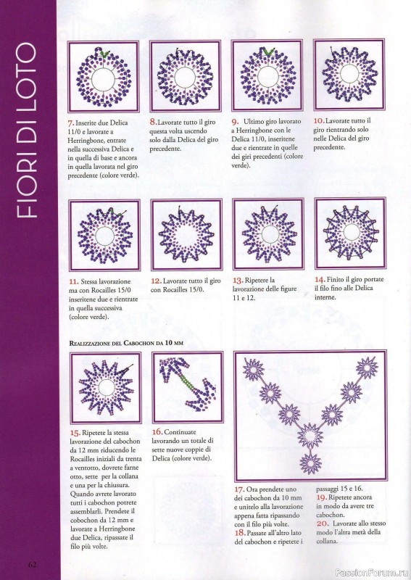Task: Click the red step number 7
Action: tap(71, 123)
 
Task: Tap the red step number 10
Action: tap(319, 120)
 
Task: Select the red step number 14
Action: tap(320, 279)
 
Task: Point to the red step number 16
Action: tap(157, 431)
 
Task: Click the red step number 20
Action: tap(323, 523)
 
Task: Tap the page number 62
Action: tap(32, 565)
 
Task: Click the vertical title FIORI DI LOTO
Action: tap(27, 130)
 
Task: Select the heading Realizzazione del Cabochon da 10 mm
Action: tap(126, 343)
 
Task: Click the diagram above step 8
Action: tap(186, 76)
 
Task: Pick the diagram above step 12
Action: tap(186, 235)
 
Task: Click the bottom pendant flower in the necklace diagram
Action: tap(311, 463)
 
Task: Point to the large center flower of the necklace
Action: tap(310, 436)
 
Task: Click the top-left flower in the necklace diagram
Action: tap(254, 368)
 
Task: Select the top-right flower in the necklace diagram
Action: tap(367, 368)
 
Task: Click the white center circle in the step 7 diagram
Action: tap(103, 80)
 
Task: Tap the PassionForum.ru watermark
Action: tap(372, 573)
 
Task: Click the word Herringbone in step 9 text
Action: tap(256, 130)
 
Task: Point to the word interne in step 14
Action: tap(325, 297)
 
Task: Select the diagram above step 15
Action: tap(106, 388)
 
